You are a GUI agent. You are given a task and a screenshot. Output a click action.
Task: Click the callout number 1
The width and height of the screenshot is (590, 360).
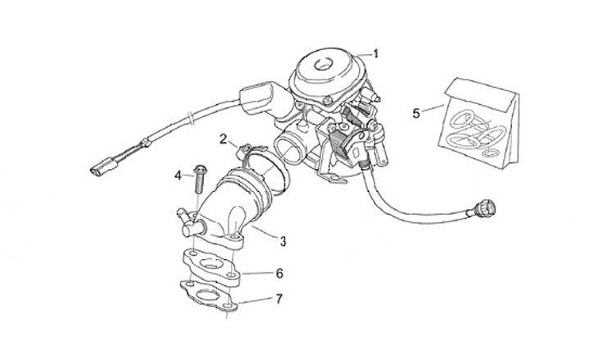[376, 54]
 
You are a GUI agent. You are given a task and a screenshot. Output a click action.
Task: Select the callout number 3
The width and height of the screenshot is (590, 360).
[283, 241]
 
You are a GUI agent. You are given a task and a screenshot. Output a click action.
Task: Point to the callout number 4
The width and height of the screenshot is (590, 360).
[178, 175]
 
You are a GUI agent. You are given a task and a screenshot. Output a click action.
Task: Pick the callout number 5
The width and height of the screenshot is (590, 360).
[416, 112]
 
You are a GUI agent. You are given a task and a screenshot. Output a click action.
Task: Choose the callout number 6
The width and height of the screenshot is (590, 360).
[279, 272]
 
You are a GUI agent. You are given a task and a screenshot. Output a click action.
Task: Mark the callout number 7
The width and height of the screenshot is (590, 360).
[279, 298]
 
